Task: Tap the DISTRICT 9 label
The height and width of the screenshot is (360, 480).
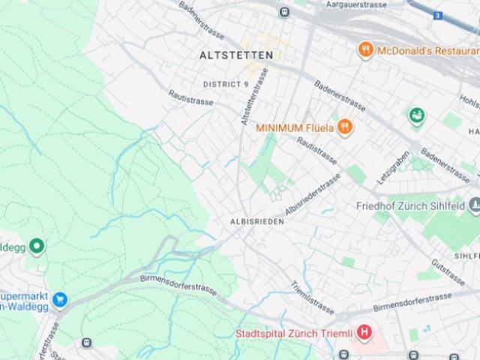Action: pyautogui.click(x=226, y=84)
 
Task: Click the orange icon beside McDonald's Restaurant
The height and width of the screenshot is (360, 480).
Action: pyautogui.click(x=366, y=50)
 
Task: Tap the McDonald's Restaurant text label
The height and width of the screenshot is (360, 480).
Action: pyautogui.click(x=427, y=50)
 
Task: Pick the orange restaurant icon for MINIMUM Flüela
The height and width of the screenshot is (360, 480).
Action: pyautogui.click(x=345, y=127)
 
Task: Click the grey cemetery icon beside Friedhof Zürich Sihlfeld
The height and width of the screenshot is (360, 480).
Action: pyautogui.click(x=474, y=205)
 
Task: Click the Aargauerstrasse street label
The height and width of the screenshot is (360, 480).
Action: pyautogui.click(x=356, y=4)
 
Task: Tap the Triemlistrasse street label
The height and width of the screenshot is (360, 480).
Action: pyautogui.click(x=312, y=296)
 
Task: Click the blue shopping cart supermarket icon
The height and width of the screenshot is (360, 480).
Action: pyautogui.click(x=60, y=301)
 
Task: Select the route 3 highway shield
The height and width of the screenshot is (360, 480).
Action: pyautogui.click(x=437, y=15)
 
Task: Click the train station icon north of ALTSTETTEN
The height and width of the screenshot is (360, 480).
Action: pyautogui.click(x=283, y=12)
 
